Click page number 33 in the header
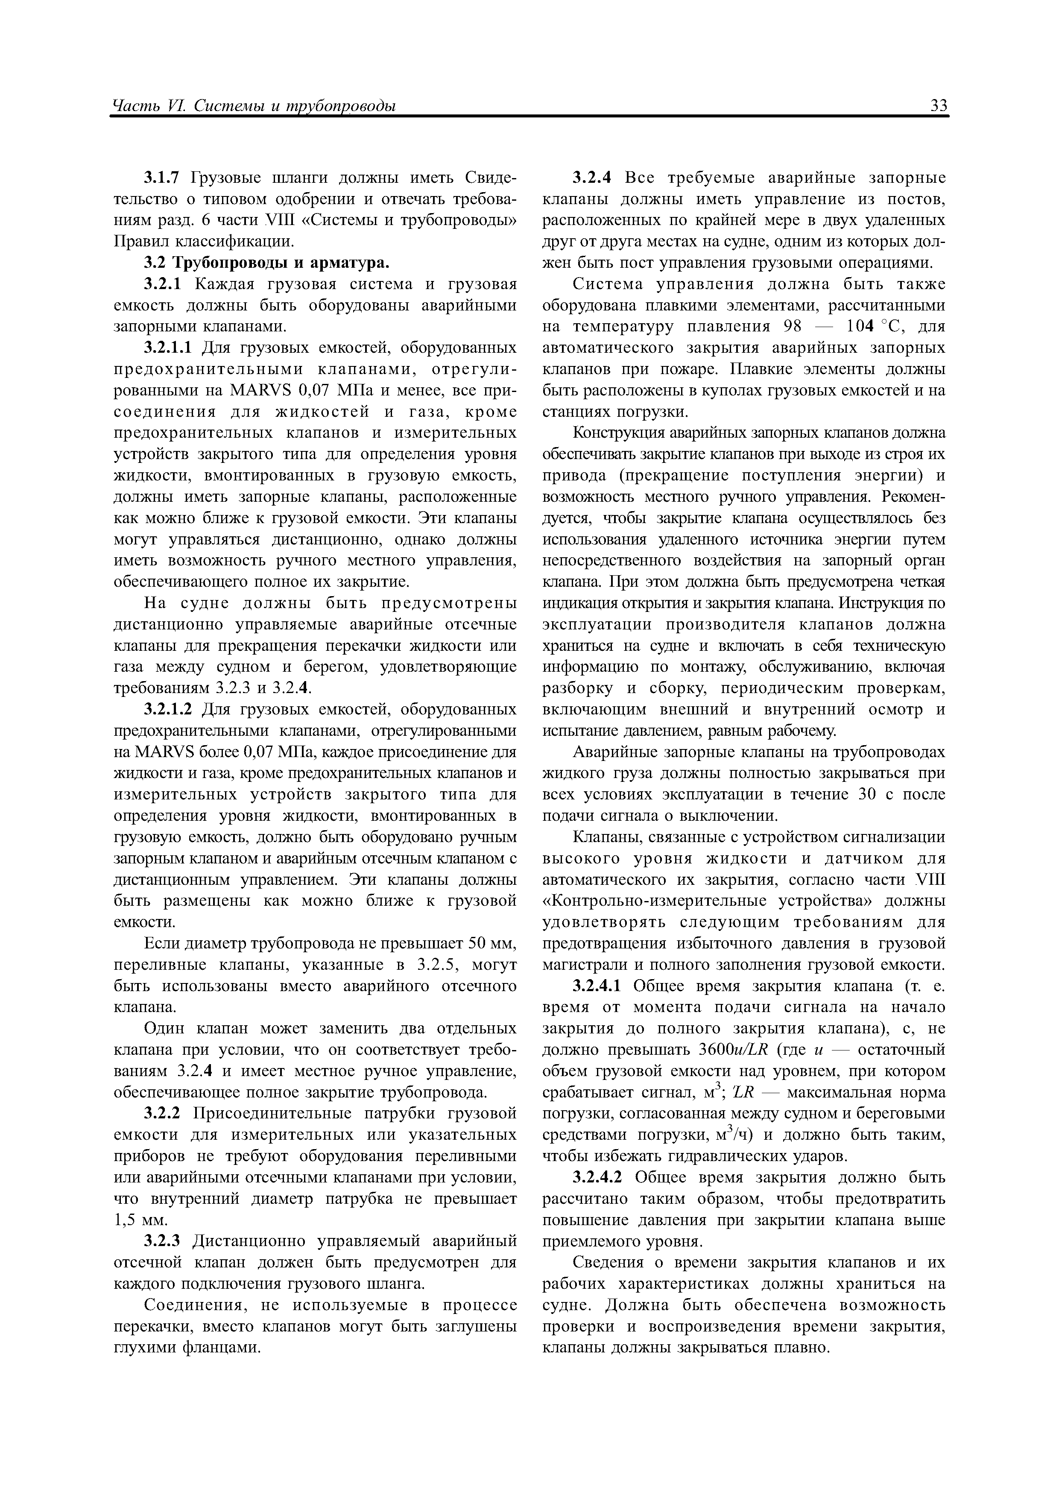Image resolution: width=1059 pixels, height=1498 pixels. click(938, 106)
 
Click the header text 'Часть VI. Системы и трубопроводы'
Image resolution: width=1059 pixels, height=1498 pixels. click(255, 106)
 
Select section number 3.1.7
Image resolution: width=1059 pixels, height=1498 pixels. click(165, 178)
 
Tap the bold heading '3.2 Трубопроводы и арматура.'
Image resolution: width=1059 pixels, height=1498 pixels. click(266, 263)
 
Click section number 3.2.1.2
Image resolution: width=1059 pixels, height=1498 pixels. click(169, 709)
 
